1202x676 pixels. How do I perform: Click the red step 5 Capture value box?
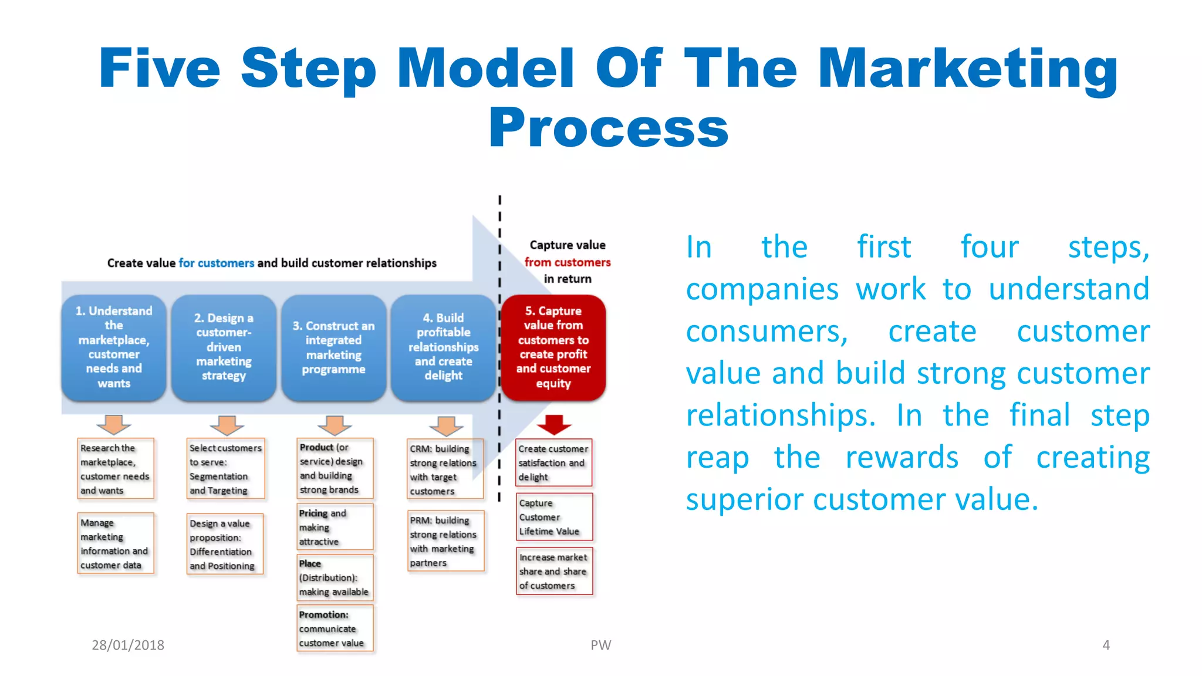553,347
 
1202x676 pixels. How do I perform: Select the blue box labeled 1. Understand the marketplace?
114,347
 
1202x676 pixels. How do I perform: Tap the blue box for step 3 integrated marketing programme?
333,347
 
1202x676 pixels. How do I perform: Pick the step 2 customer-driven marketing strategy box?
224,347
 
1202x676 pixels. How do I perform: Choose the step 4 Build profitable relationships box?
444,347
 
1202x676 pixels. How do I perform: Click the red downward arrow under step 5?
553,424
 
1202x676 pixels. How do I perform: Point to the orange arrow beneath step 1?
113,424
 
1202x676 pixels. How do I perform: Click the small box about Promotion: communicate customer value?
335,628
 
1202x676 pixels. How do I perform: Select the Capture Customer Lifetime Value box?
554,517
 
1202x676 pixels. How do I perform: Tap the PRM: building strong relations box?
445,541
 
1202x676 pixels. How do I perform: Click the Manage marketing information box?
116,543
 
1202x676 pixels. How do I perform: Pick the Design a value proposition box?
224,544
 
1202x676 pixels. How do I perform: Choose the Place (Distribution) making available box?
335,577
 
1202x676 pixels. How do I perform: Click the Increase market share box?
554,571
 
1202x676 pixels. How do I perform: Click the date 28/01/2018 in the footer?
128,645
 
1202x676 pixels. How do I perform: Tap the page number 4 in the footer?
1106,645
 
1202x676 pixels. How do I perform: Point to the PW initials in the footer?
600,645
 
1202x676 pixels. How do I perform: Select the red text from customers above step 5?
567,262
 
